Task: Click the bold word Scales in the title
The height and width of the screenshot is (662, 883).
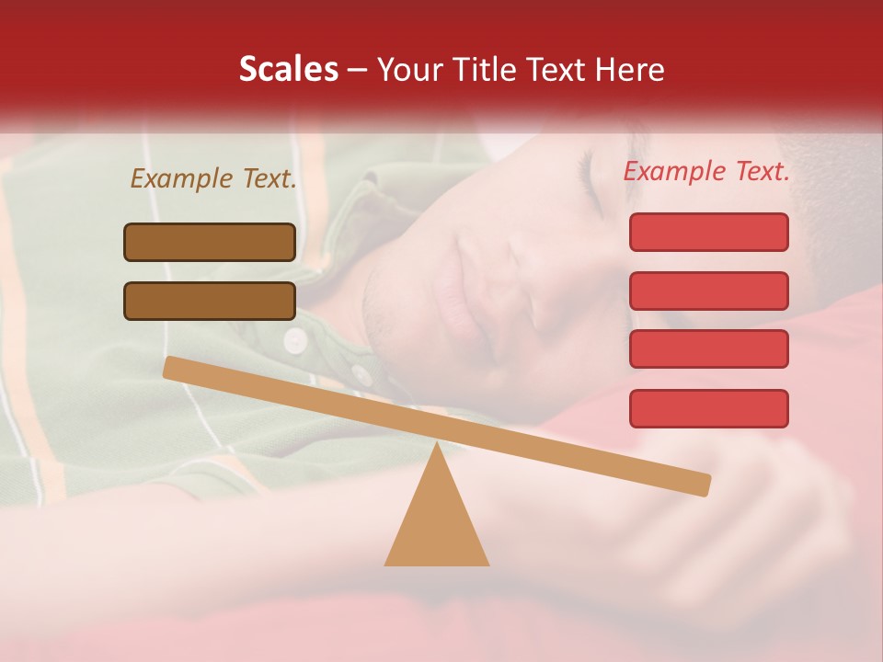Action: coord(288,69)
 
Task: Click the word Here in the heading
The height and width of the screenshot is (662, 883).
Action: coord(627,69)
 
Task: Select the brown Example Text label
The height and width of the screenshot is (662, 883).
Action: coord(213,179)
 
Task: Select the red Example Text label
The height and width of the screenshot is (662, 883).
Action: coord(706,171)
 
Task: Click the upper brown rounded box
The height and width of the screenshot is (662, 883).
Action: coord(210,242)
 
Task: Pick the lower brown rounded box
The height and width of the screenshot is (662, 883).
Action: coord(210,301)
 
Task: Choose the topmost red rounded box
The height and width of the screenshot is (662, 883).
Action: coord(708,232)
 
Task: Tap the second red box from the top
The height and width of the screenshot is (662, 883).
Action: coord(708,291)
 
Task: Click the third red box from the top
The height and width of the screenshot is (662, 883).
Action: coord(708,349)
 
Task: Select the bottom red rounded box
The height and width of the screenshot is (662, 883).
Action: coord(708,408)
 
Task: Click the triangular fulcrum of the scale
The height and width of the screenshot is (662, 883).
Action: coord(436,524)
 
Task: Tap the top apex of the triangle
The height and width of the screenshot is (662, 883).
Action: coord(436,447)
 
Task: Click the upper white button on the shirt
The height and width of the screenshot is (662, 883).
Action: coord(294,340)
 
